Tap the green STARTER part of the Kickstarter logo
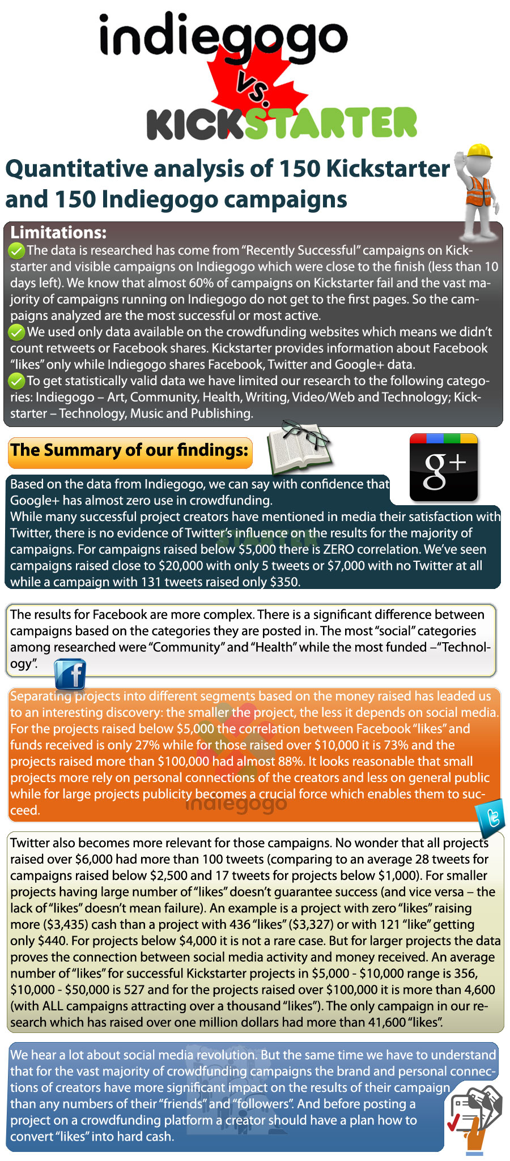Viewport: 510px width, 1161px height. [331, 123]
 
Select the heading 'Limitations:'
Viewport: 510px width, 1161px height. [58, 233]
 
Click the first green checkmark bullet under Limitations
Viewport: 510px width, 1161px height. [17, 250]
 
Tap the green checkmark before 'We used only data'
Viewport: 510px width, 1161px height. [17, 332]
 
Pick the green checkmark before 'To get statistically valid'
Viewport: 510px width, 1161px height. [17, 381]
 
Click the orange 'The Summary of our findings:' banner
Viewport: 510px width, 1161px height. [130, 451]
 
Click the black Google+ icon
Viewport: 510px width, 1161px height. [444, 468]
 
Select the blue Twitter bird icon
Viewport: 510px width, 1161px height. [492, 817]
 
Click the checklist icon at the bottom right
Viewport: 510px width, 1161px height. [474, 1116]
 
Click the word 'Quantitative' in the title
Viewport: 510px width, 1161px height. [77, 169]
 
